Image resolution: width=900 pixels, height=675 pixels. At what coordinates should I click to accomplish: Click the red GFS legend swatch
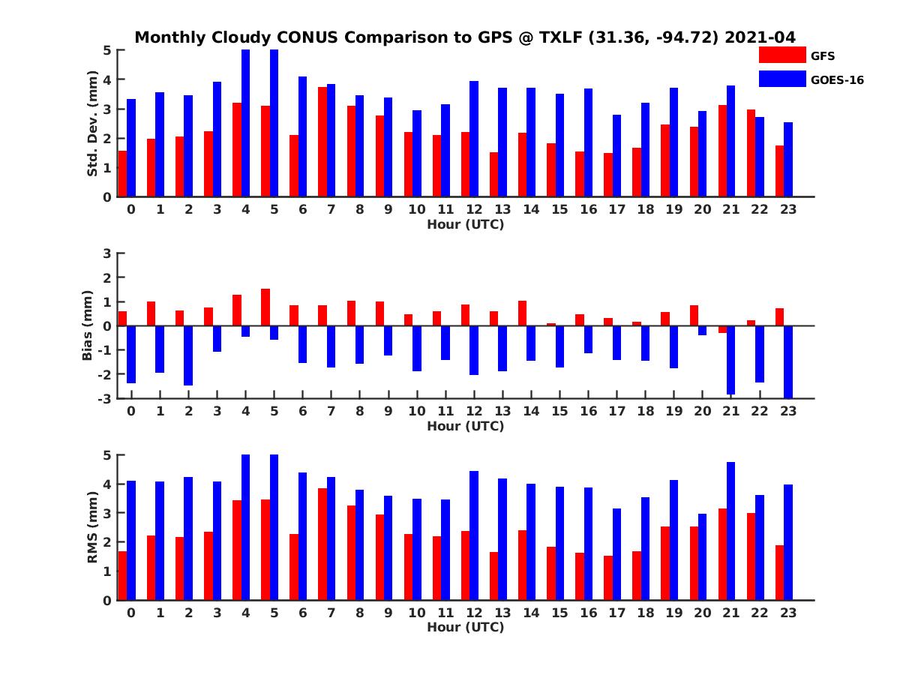781,55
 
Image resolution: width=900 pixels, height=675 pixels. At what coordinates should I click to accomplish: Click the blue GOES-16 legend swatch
781,78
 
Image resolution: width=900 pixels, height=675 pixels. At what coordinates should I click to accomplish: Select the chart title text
465,37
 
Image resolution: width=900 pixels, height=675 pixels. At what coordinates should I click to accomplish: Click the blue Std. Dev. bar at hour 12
473,139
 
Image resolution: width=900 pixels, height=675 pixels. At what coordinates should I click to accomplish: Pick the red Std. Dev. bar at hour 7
322,142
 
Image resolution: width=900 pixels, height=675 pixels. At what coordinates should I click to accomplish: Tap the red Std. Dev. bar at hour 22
751,153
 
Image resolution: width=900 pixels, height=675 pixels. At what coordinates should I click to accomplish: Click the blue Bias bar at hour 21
730,359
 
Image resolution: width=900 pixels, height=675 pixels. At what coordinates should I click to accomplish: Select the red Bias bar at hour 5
265,307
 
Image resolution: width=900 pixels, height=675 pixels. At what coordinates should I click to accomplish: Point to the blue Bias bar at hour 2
187,355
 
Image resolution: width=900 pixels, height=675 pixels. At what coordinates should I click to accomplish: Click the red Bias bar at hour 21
722,329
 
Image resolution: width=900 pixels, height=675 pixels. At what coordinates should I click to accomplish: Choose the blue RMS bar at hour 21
730,531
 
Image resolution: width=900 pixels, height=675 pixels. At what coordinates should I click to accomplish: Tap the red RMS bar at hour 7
322,544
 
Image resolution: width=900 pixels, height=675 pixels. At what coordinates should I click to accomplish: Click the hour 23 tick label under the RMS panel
788,612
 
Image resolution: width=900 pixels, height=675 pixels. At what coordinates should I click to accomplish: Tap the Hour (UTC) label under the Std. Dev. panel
465,223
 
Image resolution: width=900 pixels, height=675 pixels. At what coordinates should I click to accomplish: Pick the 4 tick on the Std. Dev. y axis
107,79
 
